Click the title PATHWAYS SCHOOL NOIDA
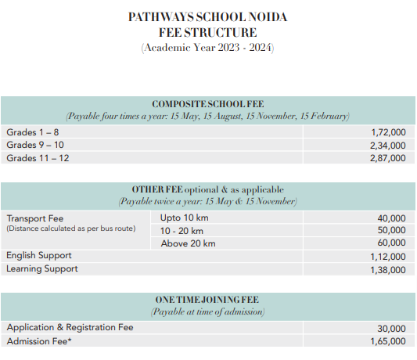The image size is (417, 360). click(208, 16)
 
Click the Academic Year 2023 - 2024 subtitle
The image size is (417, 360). click(208, 47)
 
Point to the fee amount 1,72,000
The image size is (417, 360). click(388, 132)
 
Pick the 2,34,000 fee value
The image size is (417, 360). click(388, 145)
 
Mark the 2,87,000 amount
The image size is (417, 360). click(388, 158)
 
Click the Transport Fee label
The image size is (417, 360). click(35, 218)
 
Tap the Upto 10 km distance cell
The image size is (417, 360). click(185, 218)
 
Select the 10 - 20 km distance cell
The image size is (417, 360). click(182, 230)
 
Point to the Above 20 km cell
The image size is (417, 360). click(187, 243)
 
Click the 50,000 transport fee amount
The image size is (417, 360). click(391, 230)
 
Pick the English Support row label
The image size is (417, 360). click(39, 256)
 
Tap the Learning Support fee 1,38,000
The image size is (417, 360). click(388, 269)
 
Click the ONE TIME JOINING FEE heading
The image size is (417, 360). click(207, 300)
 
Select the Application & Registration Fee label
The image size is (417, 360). click(70, 328)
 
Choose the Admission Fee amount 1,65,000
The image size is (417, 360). click(388, 341)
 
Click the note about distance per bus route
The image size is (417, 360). click(70, 229)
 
